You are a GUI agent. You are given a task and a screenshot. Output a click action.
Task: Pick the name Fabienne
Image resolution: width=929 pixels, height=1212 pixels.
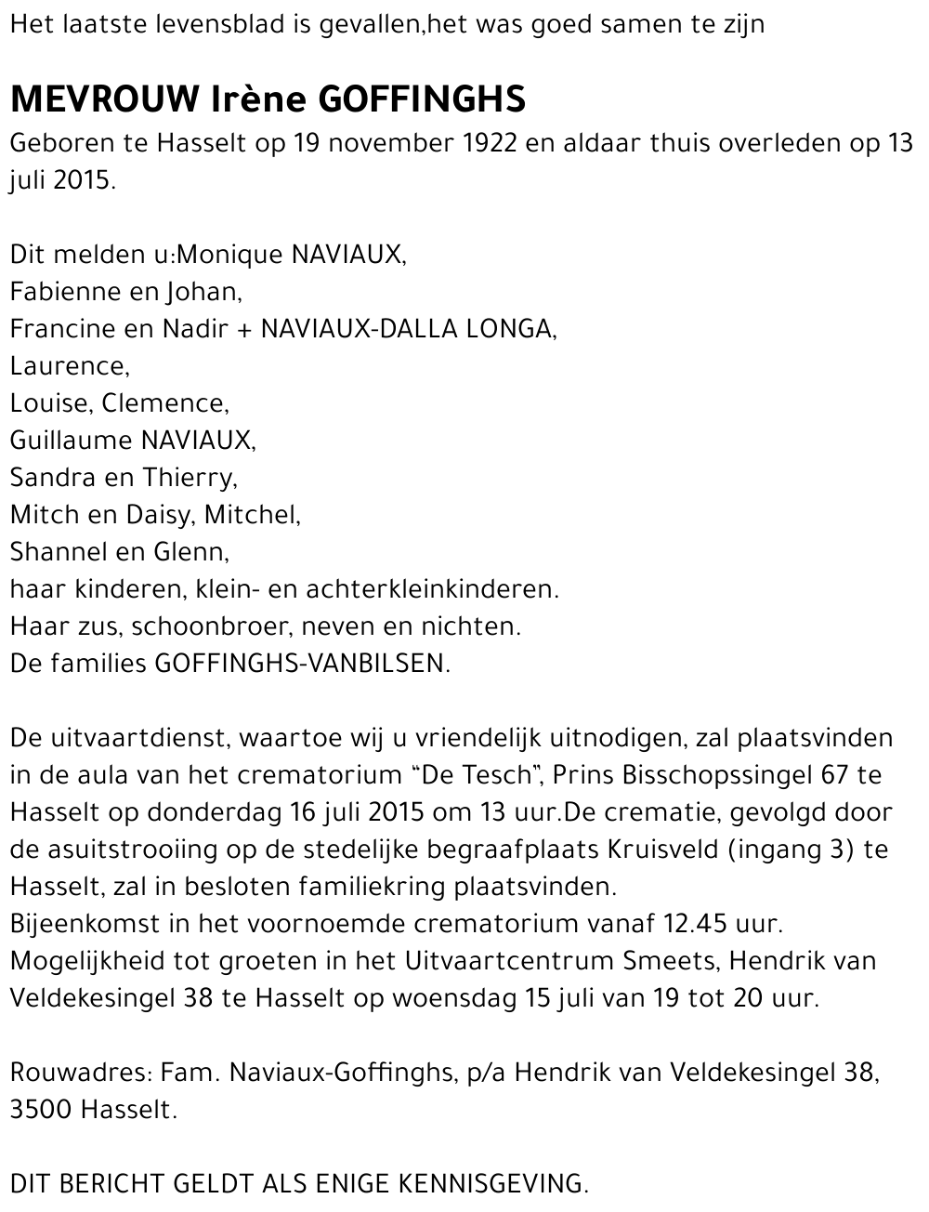click(x=59, y=293)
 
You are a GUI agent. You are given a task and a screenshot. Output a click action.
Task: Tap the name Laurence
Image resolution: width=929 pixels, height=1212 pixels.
click(x=68, y=366)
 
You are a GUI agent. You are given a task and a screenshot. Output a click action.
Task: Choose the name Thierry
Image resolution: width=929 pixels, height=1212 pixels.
click(x=189, y=478)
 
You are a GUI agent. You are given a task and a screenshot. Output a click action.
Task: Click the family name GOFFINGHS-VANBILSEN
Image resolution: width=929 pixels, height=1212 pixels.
click(x=301, y=664)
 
